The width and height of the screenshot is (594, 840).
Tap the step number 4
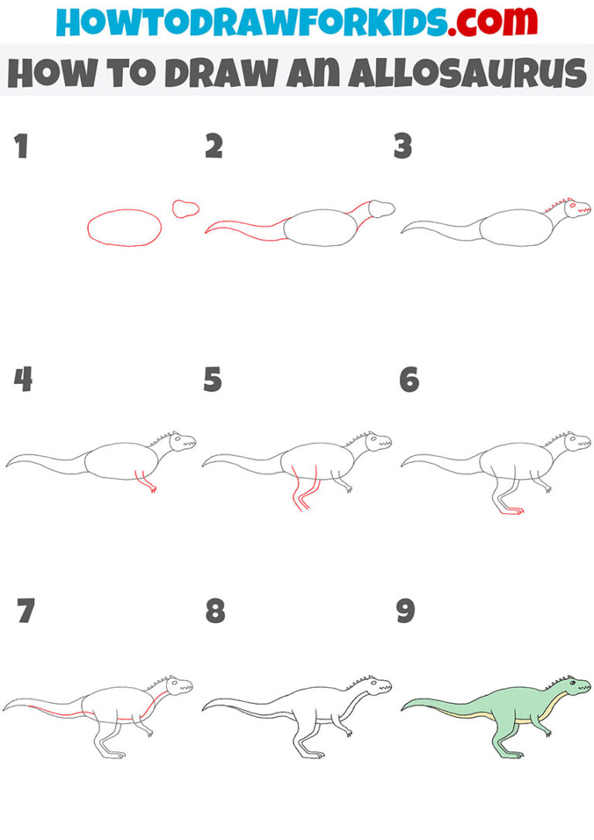[x=22, y=380]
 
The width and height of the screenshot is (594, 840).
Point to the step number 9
[x=406, y=612]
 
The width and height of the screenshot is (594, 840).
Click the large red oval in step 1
[x=125, y=227]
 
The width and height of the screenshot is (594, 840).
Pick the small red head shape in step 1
[x=186, y=209]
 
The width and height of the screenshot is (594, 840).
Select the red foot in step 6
[x=510, y=510]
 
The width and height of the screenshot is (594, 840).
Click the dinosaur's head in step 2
[x=382, y=208]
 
